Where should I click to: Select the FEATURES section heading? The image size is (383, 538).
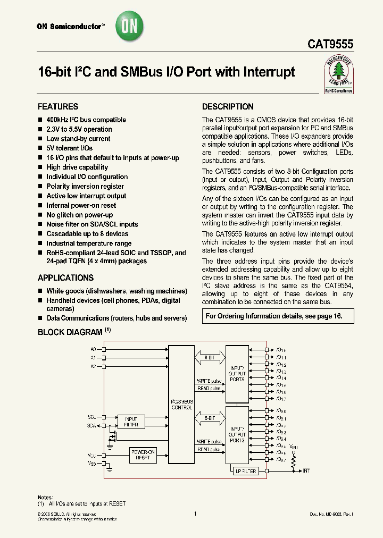click(58, 106)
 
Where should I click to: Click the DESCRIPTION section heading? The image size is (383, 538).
click(228, 106)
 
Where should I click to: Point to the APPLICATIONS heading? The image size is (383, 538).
click(65, 278)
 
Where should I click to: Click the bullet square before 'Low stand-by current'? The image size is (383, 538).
click(40, 139)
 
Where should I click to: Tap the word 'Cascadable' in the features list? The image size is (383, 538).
click(62, 234)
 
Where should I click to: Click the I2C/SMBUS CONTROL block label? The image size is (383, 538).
click(181, 404)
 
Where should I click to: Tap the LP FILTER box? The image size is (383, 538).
click(245, 471)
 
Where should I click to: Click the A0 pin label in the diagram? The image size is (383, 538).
click(93, 349)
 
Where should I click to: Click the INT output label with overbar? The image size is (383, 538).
click(306, 471)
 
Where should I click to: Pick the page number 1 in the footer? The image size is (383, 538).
click(195, 514)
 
